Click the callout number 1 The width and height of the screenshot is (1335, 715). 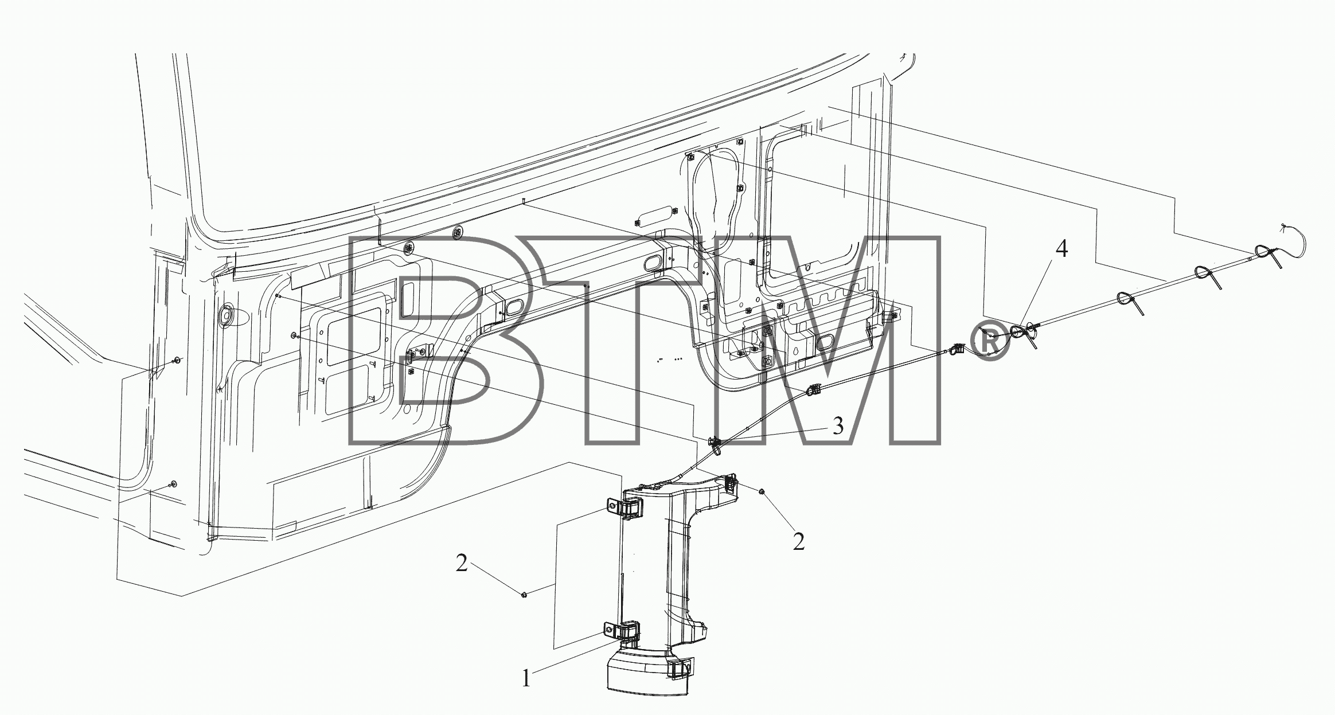(526, 679)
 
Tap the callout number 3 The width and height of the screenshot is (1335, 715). (838, 426)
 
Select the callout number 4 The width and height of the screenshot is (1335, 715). (1062, 249)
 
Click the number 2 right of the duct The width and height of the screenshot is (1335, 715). (799, 542)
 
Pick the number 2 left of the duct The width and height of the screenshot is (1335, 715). (462, 564)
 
